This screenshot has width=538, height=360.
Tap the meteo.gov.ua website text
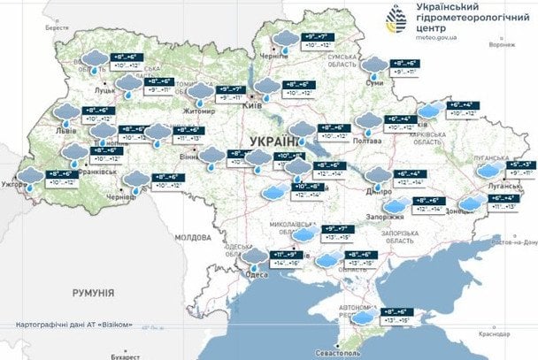(432, 38)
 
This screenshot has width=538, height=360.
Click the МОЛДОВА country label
(193, 238)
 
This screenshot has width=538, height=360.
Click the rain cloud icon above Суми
(376, 65)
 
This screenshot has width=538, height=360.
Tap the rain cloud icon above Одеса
(257, 257)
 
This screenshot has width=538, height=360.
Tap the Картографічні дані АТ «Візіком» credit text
(74, 325)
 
